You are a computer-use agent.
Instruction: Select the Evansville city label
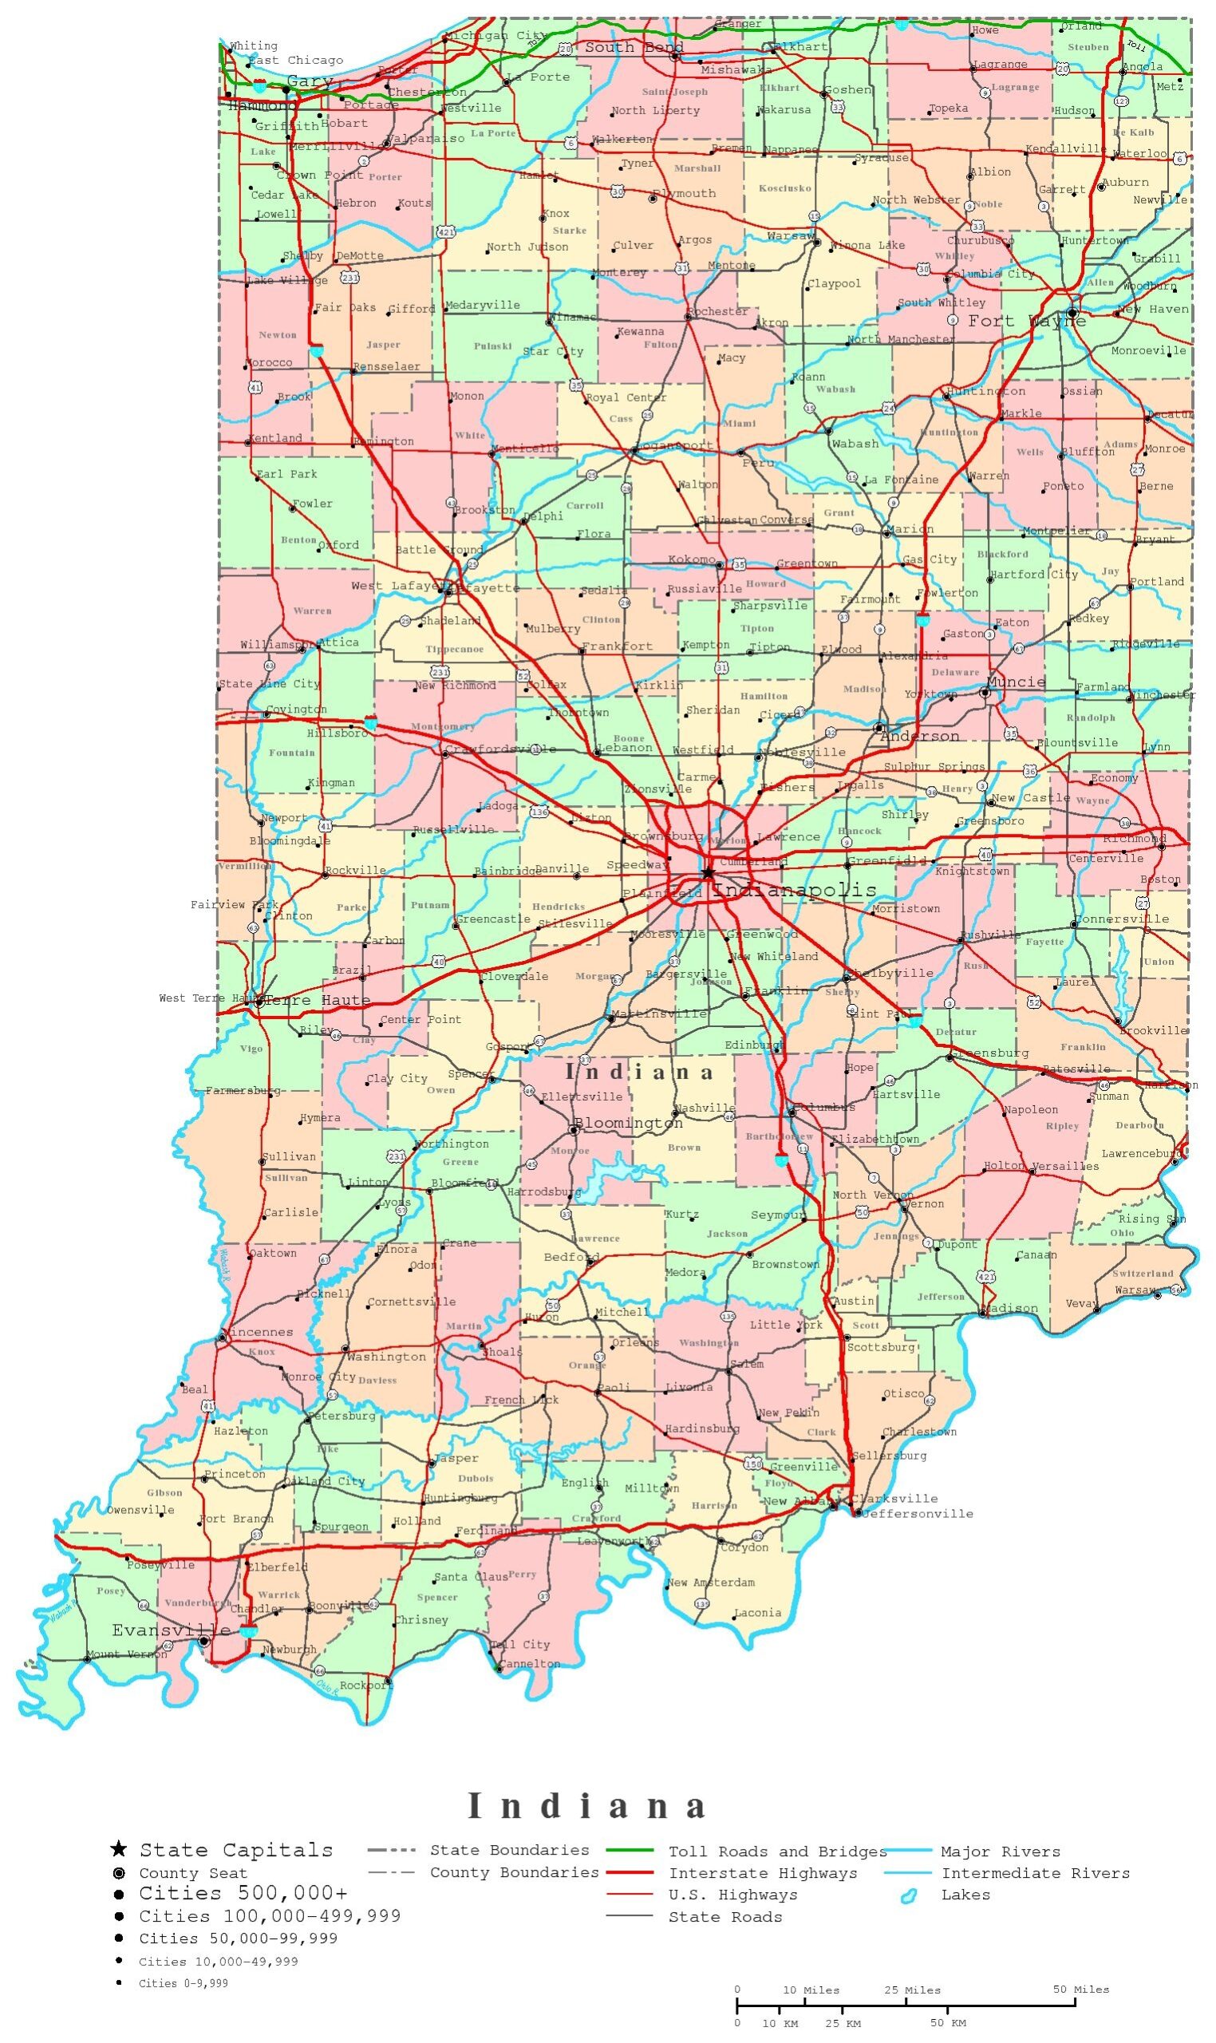(171, 1629)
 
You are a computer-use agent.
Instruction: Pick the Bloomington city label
(628, 1123)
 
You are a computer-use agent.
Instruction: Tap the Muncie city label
(1016, 682)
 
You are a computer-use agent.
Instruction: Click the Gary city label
(310, 81)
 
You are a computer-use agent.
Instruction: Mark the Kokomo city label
(692, 559)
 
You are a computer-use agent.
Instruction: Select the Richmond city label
(1133, 838)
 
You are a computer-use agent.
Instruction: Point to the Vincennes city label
(261, 1332)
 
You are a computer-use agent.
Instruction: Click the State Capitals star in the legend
(119, 1849)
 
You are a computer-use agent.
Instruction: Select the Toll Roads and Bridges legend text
(777, 1851)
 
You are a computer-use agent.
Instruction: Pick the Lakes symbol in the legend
(908, 1895)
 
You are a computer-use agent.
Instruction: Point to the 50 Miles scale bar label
(1081, 1989)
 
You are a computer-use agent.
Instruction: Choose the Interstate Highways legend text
(762, 1872)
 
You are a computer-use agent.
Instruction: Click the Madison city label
(1013, 1308)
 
